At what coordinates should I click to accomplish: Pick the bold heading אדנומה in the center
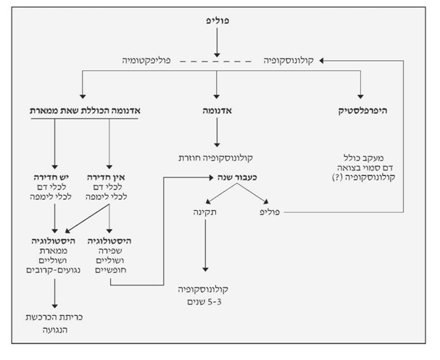(x=217, y=112)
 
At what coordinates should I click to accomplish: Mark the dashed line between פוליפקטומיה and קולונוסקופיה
(x=216, y=63)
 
